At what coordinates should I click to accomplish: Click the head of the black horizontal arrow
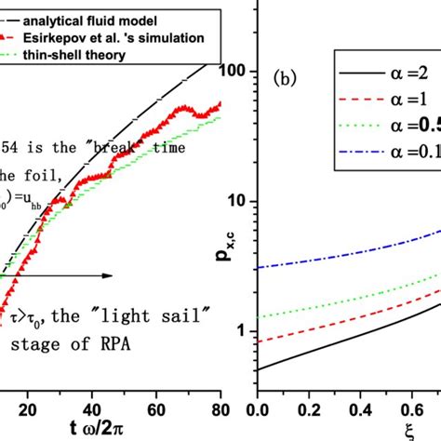tap(109, 275)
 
